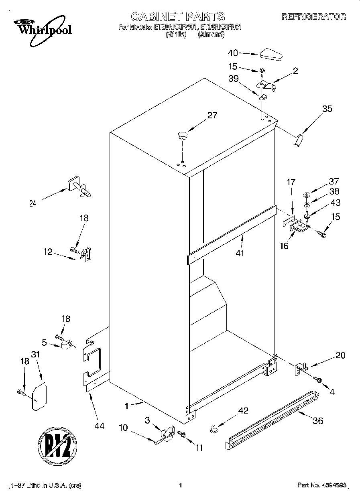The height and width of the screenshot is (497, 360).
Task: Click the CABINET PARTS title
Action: tap(178, 16)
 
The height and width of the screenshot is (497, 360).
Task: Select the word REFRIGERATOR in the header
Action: tap(313, 16)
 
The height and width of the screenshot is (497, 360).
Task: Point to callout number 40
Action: tap(233, 53)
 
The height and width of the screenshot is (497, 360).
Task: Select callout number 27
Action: tap(212, 116)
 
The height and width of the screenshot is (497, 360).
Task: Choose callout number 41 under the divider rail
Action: tap(240, 253)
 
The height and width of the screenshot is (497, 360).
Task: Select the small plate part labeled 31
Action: tap(39, 397)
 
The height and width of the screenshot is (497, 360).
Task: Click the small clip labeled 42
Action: tap(214, 429)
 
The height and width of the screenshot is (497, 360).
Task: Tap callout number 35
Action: tap(327, 108)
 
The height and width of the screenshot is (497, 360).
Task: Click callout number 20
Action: tap(340, 355)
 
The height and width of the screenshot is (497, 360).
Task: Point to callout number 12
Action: tap(48, 252)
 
